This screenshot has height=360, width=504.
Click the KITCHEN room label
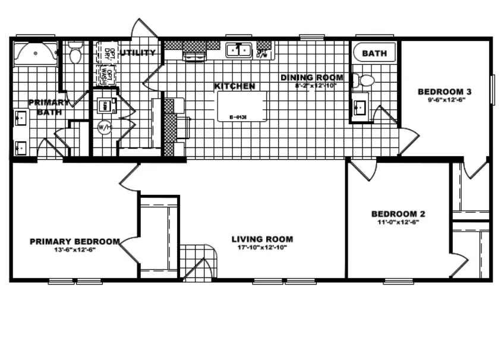click(235, 86)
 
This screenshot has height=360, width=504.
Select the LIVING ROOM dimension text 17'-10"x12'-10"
click(262, 248)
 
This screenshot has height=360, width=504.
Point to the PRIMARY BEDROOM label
click(75, 241)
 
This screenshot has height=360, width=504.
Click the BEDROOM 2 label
click(398, 214)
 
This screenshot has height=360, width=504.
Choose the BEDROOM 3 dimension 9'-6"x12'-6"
click(445, 100)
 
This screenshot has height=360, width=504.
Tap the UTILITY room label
click(138, 53)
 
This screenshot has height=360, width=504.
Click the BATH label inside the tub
click(374, 53)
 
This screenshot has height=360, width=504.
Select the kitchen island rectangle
click(241, 106)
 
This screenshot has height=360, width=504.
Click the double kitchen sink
click(239, 50)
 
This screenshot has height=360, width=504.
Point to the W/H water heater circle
click(105, 127)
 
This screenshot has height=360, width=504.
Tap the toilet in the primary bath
click(75, 54)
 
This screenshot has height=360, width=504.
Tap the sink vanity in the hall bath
click(360, 108)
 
